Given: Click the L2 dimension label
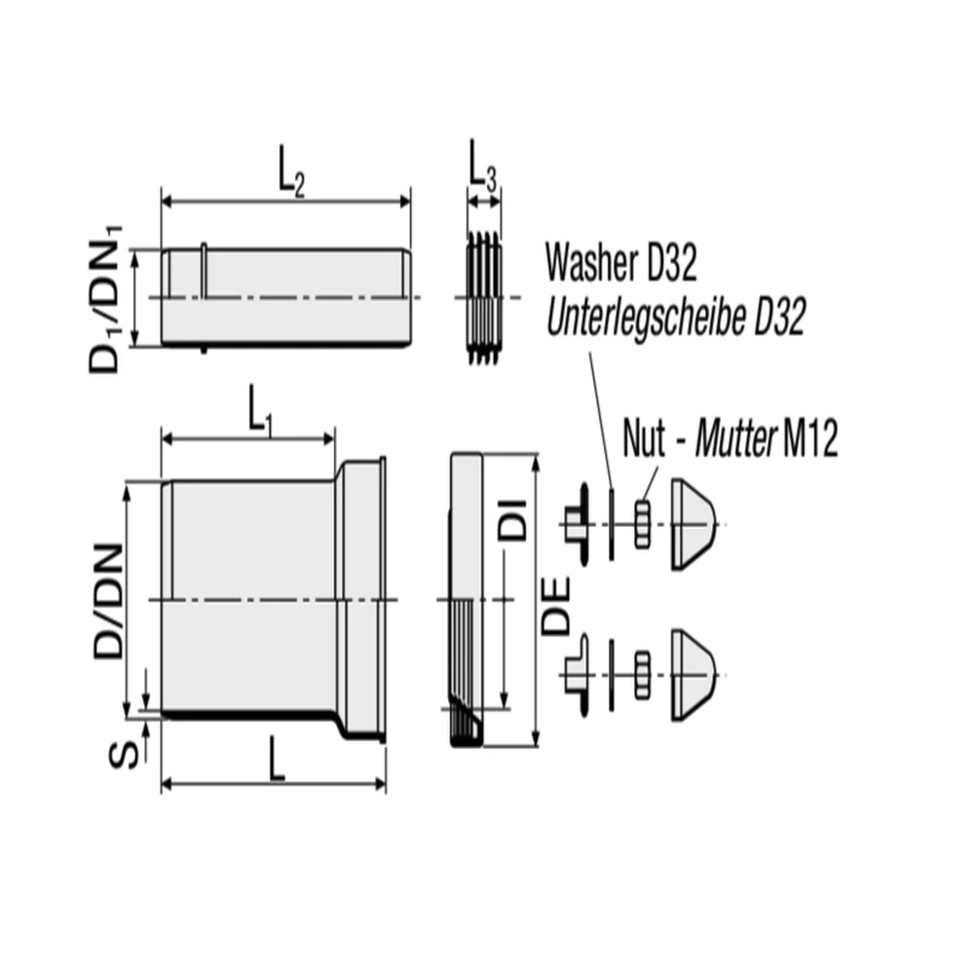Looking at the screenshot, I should [286, 175].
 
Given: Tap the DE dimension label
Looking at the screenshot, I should [556, 605].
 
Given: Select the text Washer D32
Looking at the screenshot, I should [620, 263].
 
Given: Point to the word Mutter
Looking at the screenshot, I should [730, 440].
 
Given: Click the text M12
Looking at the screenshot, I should [808, 440].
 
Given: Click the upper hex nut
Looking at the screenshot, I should [642, 526].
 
